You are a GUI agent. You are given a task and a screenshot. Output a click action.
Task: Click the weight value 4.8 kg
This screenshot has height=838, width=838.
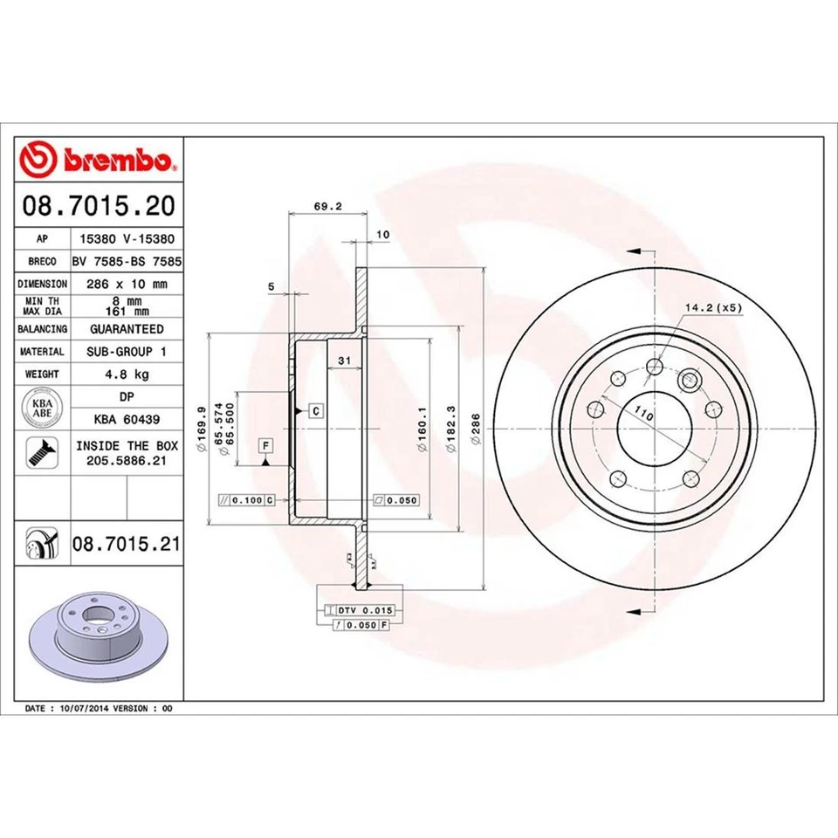click(x=126, y=374)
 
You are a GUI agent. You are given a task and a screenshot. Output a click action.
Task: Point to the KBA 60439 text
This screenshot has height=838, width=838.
click(x=126, y=419)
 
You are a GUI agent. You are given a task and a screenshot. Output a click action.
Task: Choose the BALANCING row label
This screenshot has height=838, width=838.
click(x=42, y=329)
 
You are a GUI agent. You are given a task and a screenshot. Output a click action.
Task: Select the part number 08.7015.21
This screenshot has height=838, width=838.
click(x=126, y=544)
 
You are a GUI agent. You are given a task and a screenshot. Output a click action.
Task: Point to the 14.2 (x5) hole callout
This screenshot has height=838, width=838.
click(x=712, y=307)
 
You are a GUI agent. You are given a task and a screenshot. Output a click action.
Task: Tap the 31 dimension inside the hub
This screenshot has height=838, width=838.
click(x=344, y=361)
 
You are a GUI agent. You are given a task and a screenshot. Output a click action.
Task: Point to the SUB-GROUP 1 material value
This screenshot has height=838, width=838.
click(x=126, y=351)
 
